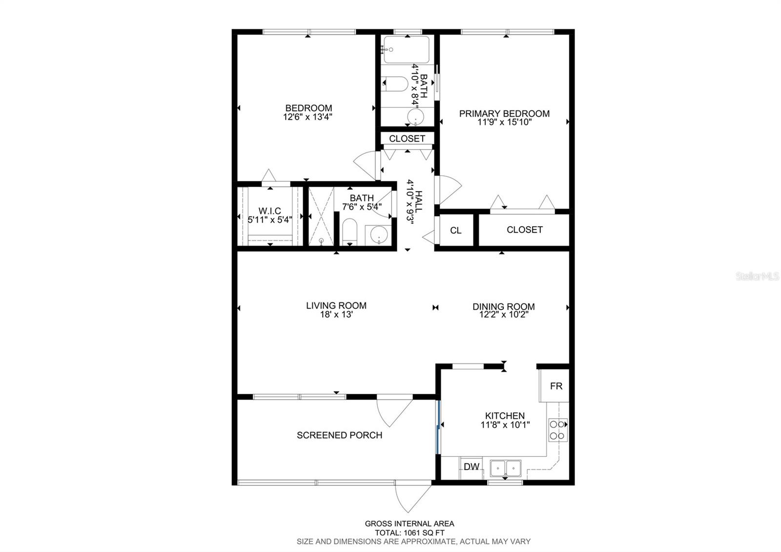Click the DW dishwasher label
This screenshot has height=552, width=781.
(471, 467)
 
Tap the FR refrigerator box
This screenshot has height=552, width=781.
(556, 386)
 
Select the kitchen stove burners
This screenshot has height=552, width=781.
(557, 430)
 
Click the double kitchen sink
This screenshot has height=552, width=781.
(506, 468)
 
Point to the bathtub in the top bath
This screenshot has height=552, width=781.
(407, 49)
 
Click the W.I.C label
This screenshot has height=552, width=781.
(269, 211)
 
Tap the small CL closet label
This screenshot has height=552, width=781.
(455, 231)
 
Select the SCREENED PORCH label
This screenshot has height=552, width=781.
(339, 435)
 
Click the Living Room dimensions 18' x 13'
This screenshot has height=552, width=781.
(336, 315)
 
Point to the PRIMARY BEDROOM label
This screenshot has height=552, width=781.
(504, 114)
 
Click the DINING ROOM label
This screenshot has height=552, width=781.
(503, 307)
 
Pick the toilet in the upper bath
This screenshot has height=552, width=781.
(396, 85)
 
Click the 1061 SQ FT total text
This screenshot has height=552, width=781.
(409, 533)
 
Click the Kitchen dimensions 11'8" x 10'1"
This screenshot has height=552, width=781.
(505, 425)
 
